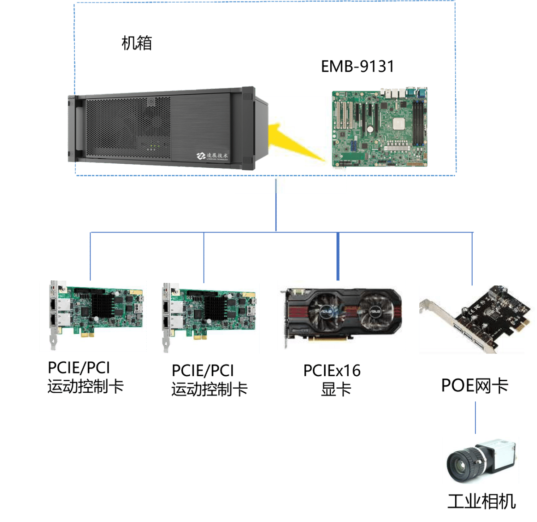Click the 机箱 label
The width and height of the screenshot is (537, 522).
137,43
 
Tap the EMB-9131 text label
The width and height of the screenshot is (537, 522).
358,66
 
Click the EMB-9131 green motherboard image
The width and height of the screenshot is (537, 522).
379,127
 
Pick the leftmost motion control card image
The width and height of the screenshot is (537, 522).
93,316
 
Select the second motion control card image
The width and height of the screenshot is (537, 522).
205,318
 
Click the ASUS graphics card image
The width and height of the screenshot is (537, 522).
341,315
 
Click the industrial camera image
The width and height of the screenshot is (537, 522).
481,460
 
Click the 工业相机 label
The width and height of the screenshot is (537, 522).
482,501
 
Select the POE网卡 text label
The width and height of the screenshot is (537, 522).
474,386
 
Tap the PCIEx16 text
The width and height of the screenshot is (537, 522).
332,370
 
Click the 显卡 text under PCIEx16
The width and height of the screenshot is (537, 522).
336,389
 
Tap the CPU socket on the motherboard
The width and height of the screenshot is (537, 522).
399,123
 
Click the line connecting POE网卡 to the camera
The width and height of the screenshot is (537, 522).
475,418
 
